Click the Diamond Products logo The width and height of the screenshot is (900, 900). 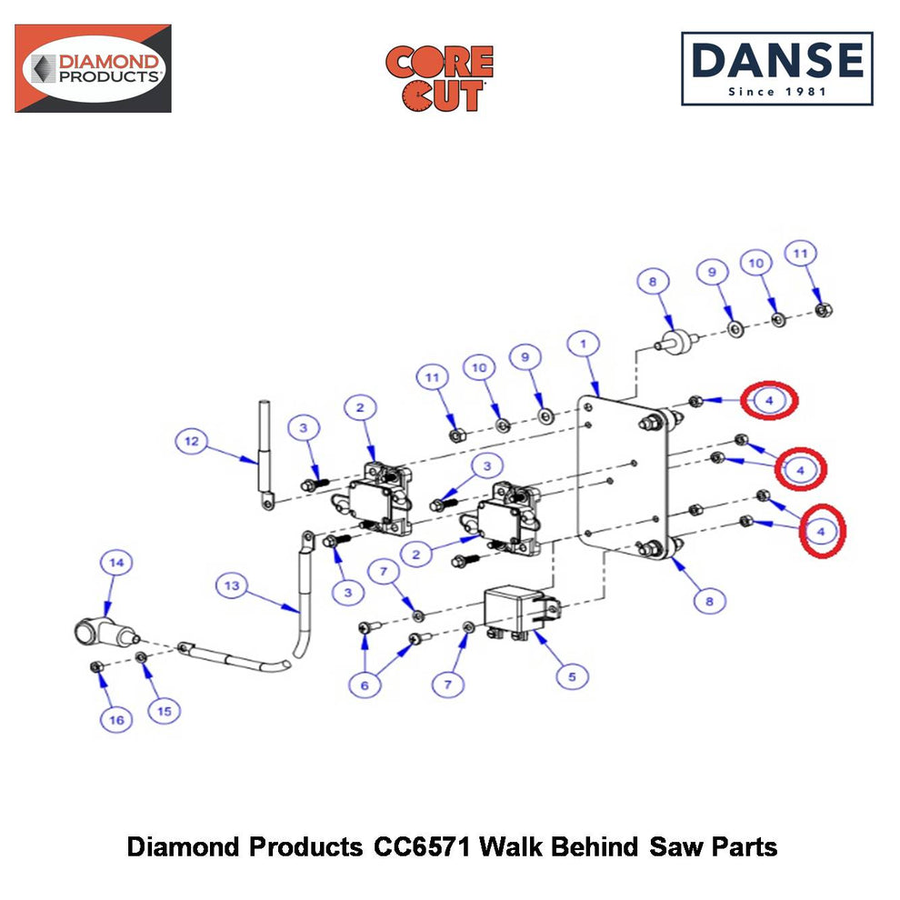click(x=93, y=68)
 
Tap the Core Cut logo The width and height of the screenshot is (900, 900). click(x=439, y=78)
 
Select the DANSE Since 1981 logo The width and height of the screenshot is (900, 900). click(x=777, y=69)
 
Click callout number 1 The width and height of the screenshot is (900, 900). click(x=583, y=344)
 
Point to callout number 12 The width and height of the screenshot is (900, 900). click(x=191, y=441)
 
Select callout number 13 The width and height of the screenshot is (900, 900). click(x=231, y=585)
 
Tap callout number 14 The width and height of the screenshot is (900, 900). click(x=116, y=563)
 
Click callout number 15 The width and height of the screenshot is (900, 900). click(x=165, y=711)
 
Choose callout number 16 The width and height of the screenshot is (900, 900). click(x=116, y=720)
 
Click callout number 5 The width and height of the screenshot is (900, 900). click(x=572, y=676)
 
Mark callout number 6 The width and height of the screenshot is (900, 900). click(x=365, y=685)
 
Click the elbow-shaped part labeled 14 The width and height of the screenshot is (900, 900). click(x=105, y=632)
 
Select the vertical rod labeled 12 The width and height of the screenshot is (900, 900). click(x=265, y=455)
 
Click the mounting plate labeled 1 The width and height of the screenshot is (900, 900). click(x=623, y=475)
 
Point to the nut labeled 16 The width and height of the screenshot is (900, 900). click(x=97, y=666)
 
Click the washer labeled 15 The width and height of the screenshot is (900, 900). click(x=141, y=656)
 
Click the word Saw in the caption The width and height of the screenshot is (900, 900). click(x=677, y=847)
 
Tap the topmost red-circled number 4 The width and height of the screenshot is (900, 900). click(x=769, y=400)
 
